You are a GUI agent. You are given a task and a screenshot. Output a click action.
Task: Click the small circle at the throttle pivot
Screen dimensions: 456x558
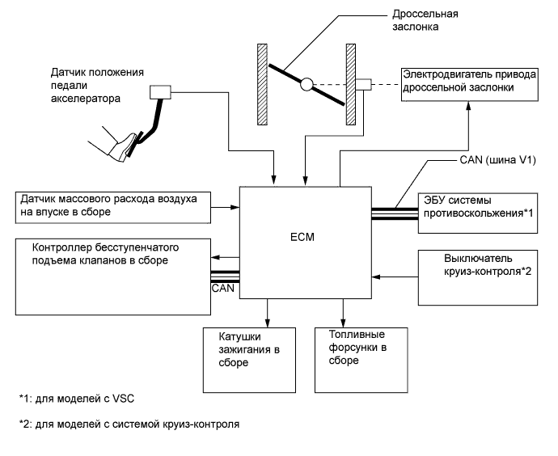(306, 83)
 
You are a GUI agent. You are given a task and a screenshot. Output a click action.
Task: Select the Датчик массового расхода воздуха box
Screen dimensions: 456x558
(111, 205)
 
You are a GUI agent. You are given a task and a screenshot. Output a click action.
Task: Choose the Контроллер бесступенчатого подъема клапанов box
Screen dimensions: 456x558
(111, 267)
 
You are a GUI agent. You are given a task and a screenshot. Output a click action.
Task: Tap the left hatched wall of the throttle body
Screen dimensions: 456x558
(262, 83)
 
